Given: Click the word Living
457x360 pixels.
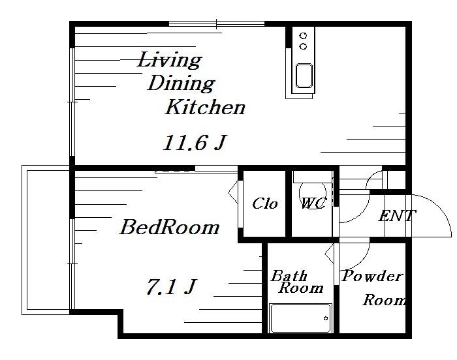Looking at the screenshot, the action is (170, 60).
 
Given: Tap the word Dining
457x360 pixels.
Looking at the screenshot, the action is (181, 84).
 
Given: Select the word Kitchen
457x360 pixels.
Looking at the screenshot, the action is (205, 107).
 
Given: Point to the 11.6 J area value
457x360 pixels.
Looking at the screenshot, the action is (195, 142).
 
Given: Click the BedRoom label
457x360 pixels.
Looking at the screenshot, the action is (170, 227).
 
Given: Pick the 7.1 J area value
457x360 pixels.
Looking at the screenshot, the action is (171, 286).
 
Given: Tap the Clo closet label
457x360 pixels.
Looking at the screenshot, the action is (264, 203).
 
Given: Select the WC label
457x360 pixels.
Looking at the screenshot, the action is (313, 203).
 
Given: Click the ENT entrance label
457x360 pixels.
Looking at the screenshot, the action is (397, 216).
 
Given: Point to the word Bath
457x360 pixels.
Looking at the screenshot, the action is (289, 275).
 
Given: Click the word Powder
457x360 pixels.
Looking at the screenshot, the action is (372, 276).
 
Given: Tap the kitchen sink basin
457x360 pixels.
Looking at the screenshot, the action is (304, 76).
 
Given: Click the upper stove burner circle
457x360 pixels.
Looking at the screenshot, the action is (304, 36).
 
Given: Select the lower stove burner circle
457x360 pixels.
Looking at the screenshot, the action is (304, 46).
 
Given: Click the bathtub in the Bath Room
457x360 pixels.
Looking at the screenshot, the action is (301, 318).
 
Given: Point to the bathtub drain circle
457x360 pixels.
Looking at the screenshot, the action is (326, 318).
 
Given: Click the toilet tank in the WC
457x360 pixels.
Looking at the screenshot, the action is (313, 177).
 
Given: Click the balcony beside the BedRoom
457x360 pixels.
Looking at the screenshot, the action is (46, 240).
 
